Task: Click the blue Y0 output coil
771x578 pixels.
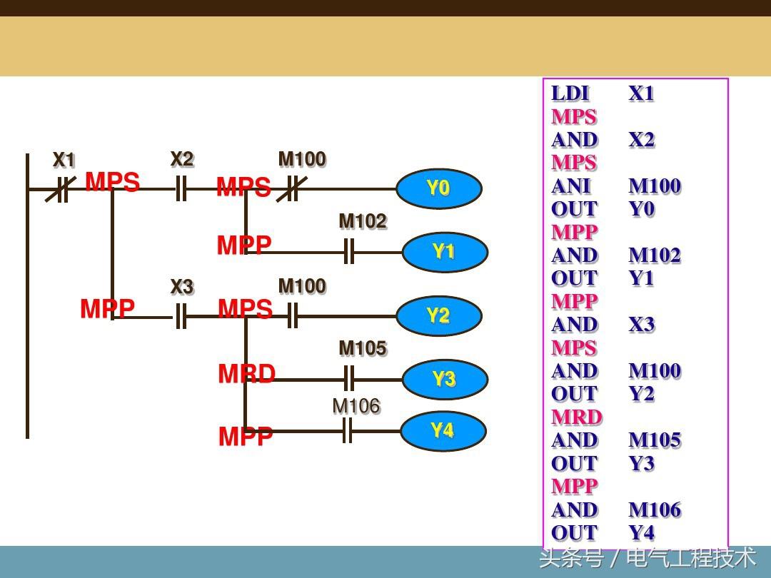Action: coord(438,189)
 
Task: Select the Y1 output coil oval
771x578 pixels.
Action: coord(445,252)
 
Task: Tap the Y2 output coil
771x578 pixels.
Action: coord(438,315)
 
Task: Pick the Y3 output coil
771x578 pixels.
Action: coord(445,379)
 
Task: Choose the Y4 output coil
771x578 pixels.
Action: coord(443,431)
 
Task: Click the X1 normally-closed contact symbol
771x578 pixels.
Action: coord(61,190)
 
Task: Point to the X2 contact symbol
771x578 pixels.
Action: coord(181,190)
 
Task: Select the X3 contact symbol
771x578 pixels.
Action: coord(181,316)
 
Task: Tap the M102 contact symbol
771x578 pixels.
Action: coord(348,252)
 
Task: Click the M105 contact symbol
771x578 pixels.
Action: coord(348,379)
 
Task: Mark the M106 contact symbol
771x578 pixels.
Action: coord(347,431)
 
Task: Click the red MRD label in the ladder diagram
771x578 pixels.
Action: coord(246,374)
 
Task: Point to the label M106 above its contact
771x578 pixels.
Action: coord(356,407)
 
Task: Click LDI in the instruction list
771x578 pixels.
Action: coord(570,93)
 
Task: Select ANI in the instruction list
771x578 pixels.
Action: coord(571,186)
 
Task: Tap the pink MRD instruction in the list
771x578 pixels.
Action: coord(576,417)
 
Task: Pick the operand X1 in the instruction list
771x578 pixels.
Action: coord(641,93)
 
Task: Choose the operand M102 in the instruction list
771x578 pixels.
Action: coord(655,255)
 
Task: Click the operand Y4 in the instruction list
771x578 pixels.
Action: coord(641,533)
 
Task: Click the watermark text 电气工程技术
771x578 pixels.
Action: coord(690,558)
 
